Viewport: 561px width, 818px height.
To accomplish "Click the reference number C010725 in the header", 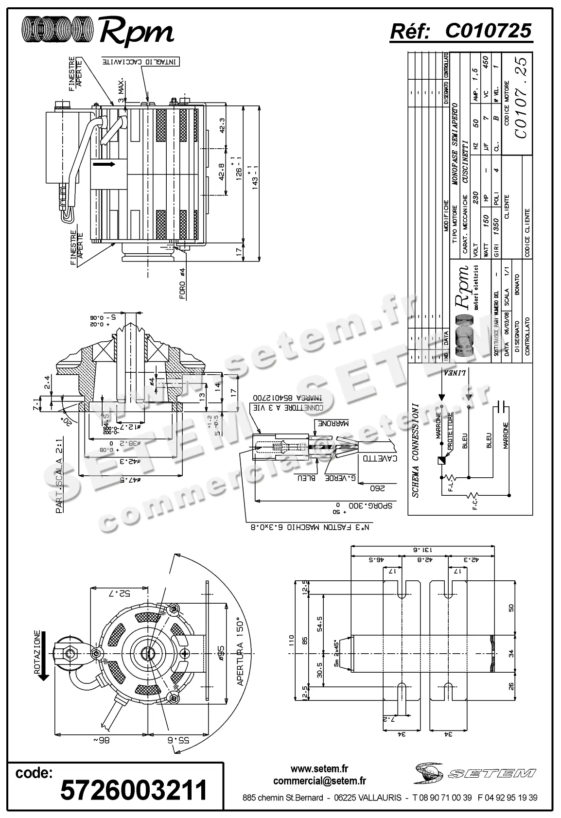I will coord(488,31).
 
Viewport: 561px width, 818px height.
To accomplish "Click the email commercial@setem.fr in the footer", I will coord(319,781).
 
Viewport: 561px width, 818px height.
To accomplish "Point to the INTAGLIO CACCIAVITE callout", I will coord(141,62).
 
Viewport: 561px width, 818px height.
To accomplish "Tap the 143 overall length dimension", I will coord(254,179).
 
